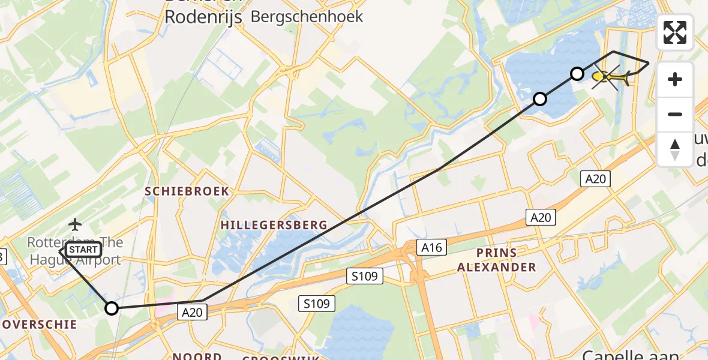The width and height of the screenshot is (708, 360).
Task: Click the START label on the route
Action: coord(82,250)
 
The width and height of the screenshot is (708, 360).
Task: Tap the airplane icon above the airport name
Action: coord(75,224)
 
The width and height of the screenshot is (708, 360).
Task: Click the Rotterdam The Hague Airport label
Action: coord(75,251)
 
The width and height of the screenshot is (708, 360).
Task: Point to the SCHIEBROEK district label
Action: coord(187,191)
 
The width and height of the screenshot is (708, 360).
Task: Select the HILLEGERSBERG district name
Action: coord(274,225)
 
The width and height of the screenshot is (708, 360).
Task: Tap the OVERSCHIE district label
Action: coord(38,325)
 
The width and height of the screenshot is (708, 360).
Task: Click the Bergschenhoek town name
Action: coord(307,16)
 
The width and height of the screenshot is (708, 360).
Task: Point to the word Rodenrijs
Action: coord(203,17)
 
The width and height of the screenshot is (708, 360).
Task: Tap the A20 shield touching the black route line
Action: coord(193,311)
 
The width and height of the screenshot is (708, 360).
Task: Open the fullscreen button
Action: coord(675,32)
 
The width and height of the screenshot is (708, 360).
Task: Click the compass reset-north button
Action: coord(675,149)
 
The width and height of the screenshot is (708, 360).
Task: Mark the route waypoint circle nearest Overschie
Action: coord(112,308)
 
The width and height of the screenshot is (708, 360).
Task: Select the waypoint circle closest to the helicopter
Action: coord(577,74)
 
